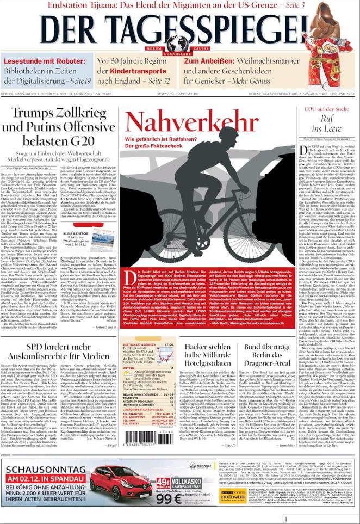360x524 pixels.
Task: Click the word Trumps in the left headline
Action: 39,113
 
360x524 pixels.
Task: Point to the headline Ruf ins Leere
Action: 326,124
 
